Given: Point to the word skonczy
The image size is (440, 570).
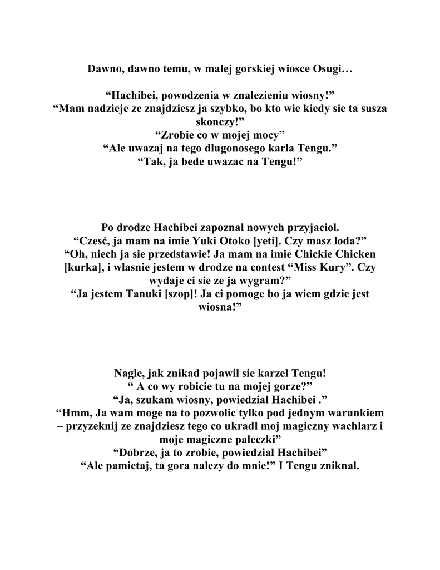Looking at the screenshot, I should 219,121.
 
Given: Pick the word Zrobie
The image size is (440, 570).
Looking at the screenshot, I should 177,134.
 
